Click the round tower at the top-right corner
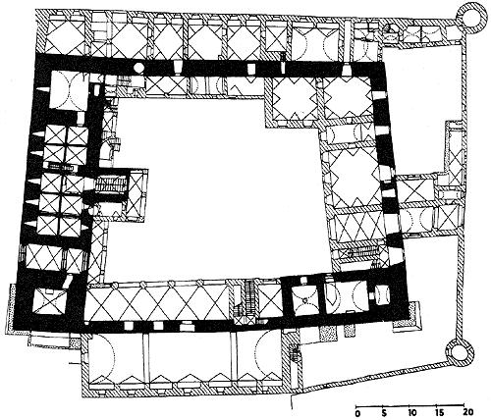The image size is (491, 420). click(x=470, y=17)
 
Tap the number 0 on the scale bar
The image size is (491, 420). click(x=357, y=412)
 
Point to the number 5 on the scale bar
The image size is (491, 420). click(x=383, y=412)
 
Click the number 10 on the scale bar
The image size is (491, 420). click(x=410, y=412)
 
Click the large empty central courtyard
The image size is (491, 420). click(x=216, y=189)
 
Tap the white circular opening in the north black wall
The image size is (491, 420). click(x=138, y=68)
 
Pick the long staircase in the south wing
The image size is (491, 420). click(x=249, y=296)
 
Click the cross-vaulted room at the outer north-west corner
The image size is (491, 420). click(x=64, y=36)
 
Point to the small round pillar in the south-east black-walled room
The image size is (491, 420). click(x=304, y=299)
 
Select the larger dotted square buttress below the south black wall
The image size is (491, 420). click(x=328, y=334)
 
